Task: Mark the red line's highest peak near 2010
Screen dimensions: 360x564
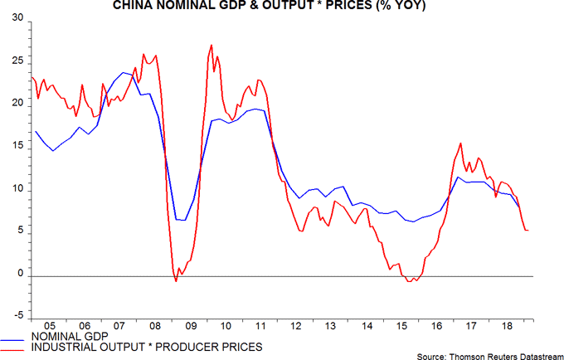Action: pyautogui.click(x=212, y=46)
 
